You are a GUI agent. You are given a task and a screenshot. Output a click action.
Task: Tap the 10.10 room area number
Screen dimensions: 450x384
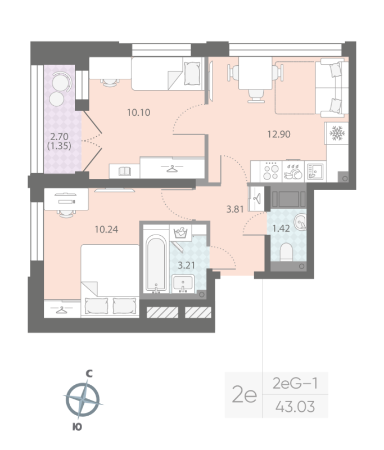[x=138, y=112]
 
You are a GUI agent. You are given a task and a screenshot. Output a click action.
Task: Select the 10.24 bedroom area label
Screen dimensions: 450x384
[x=107, y=229]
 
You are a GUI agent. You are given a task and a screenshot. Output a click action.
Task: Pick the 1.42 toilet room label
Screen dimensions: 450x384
[x=281, y=229]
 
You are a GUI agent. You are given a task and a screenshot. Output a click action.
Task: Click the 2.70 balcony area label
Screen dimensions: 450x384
[x=61, y=136]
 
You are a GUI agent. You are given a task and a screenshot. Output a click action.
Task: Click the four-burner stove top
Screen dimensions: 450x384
[x=271, y=170]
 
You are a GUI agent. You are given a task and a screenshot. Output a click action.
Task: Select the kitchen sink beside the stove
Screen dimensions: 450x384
[x=315, y=170]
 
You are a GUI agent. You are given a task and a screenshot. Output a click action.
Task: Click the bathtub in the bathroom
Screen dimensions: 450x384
[x=155, y=265]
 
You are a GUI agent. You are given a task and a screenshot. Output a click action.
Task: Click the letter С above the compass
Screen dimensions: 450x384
[x=88, y=373]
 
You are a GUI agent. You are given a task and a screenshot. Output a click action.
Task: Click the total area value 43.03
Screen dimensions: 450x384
[x=295, y=406]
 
